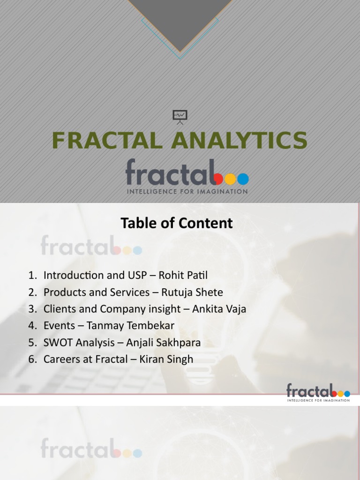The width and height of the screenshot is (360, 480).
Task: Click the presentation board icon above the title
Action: click(180, 117)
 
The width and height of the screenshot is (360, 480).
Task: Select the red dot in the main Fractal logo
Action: click(219, 179)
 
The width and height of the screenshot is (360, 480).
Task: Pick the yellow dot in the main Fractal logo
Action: click(231, 179)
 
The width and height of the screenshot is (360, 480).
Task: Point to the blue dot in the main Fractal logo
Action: click(243, 179)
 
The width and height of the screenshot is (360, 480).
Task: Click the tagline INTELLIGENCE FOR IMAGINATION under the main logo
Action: click(187, 191)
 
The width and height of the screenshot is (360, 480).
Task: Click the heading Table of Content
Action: click(176, 223)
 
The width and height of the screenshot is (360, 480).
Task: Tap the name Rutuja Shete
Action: click(192, 292)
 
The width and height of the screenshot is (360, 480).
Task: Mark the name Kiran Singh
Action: click(166, 360)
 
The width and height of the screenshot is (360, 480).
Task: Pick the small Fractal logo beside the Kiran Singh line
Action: click(318, 392)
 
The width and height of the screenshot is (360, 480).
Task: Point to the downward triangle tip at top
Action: click(180, 51)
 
